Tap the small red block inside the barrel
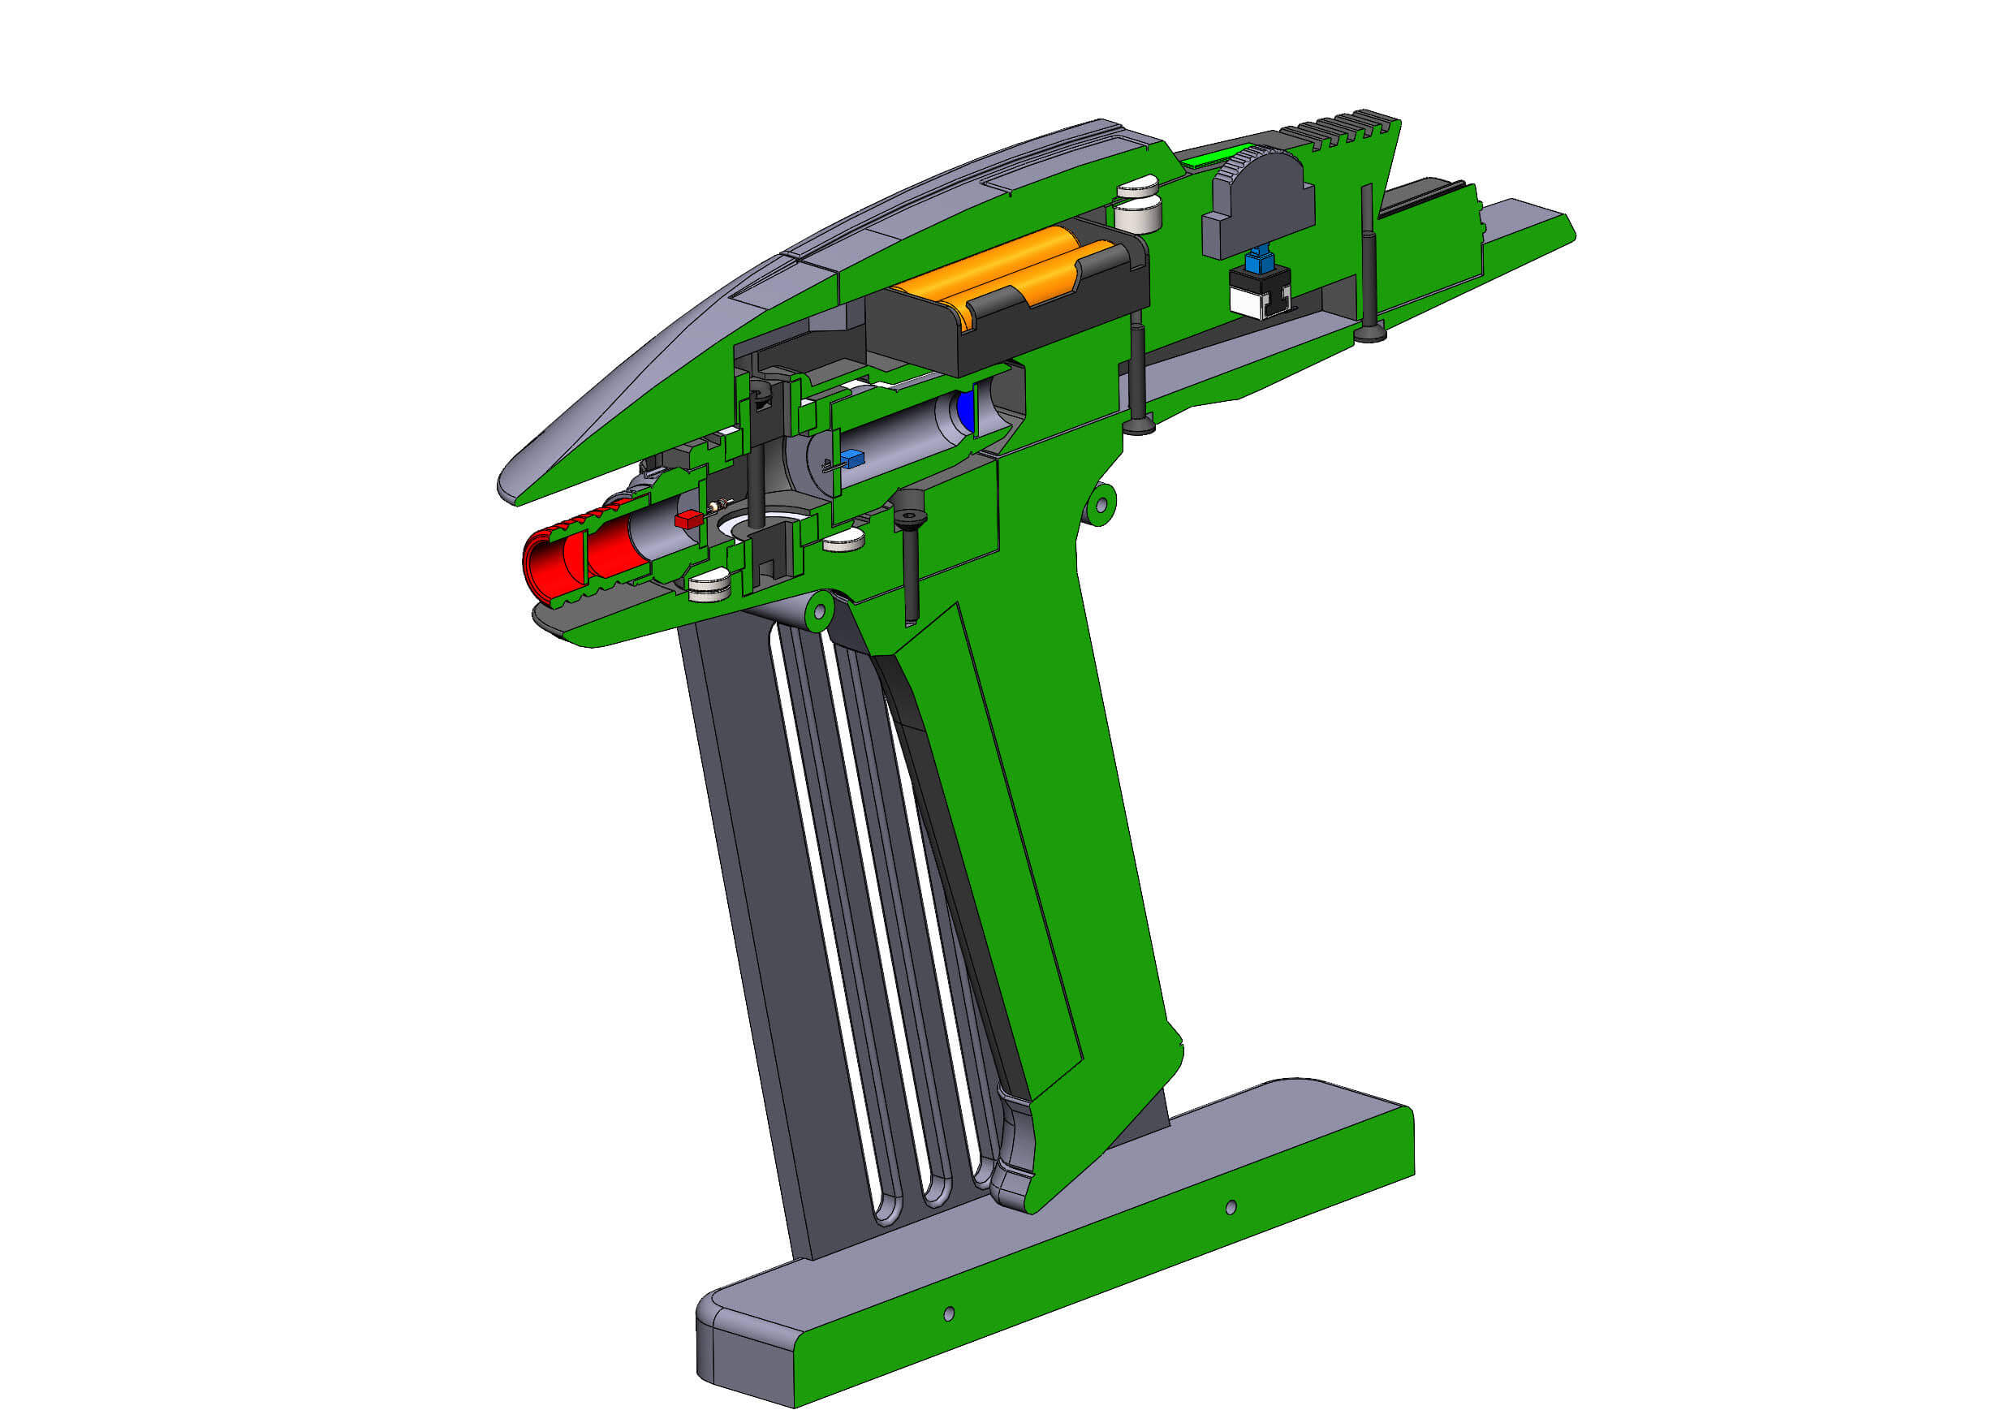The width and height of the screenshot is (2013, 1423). click(688, 519)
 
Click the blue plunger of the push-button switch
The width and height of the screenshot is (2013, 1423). click(1259, 260)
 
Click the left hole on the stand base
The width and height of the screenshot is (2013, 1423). click(949, 1313)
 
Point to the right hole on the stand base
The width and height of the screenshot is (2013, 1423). click(1230, 1207)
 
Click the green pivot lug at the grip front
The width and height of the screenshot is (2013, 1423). click(818, 609)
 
